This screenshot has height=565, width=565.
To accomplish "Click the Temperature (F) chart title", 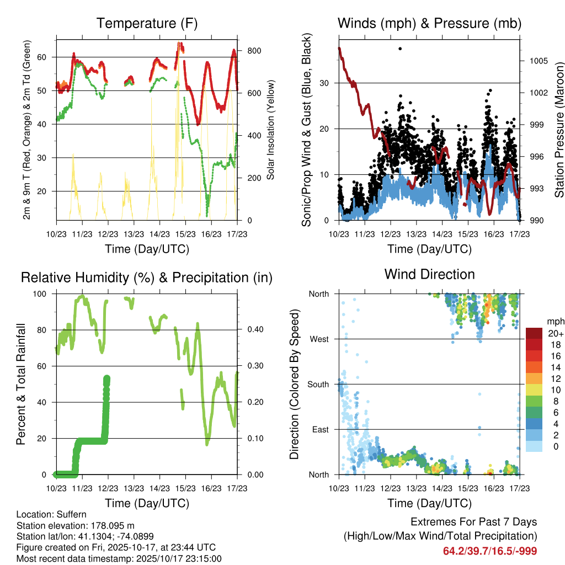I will [x=147, y=24].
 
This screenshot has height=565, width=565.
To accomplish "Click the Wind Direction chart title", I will [x=429, y=274].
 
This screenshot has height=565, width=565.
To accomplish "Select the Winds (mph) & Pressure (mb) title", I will [x=429, y=24].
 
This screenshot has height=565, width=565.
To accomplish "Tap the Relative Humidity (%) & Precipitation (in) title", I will [x=147, y=278].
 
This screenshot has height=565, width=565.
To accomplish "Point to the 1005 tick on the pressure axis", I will [x=537, y=61].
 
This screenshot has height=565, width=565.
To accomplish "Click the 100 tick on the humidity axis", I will [x=44, y=294].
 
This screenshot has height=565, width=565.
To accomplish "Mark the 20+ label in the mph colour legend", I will [x=555, y=333].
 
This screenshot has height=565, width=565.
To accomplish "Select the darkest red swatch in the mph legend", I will [x=534, y=333].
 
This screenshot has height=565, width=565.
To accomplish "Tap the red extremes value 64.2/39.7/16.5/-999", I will [x=490, y=551].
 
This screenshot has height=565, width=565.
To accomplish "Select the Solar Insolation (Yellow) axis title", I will [x=270, y=130].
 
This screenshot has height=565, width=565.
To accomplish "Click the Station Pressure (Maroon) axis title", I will [x=558, y=130].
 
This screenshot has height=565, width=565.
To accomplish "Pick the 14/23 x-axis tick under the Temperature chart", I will [x=159, y=233].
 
